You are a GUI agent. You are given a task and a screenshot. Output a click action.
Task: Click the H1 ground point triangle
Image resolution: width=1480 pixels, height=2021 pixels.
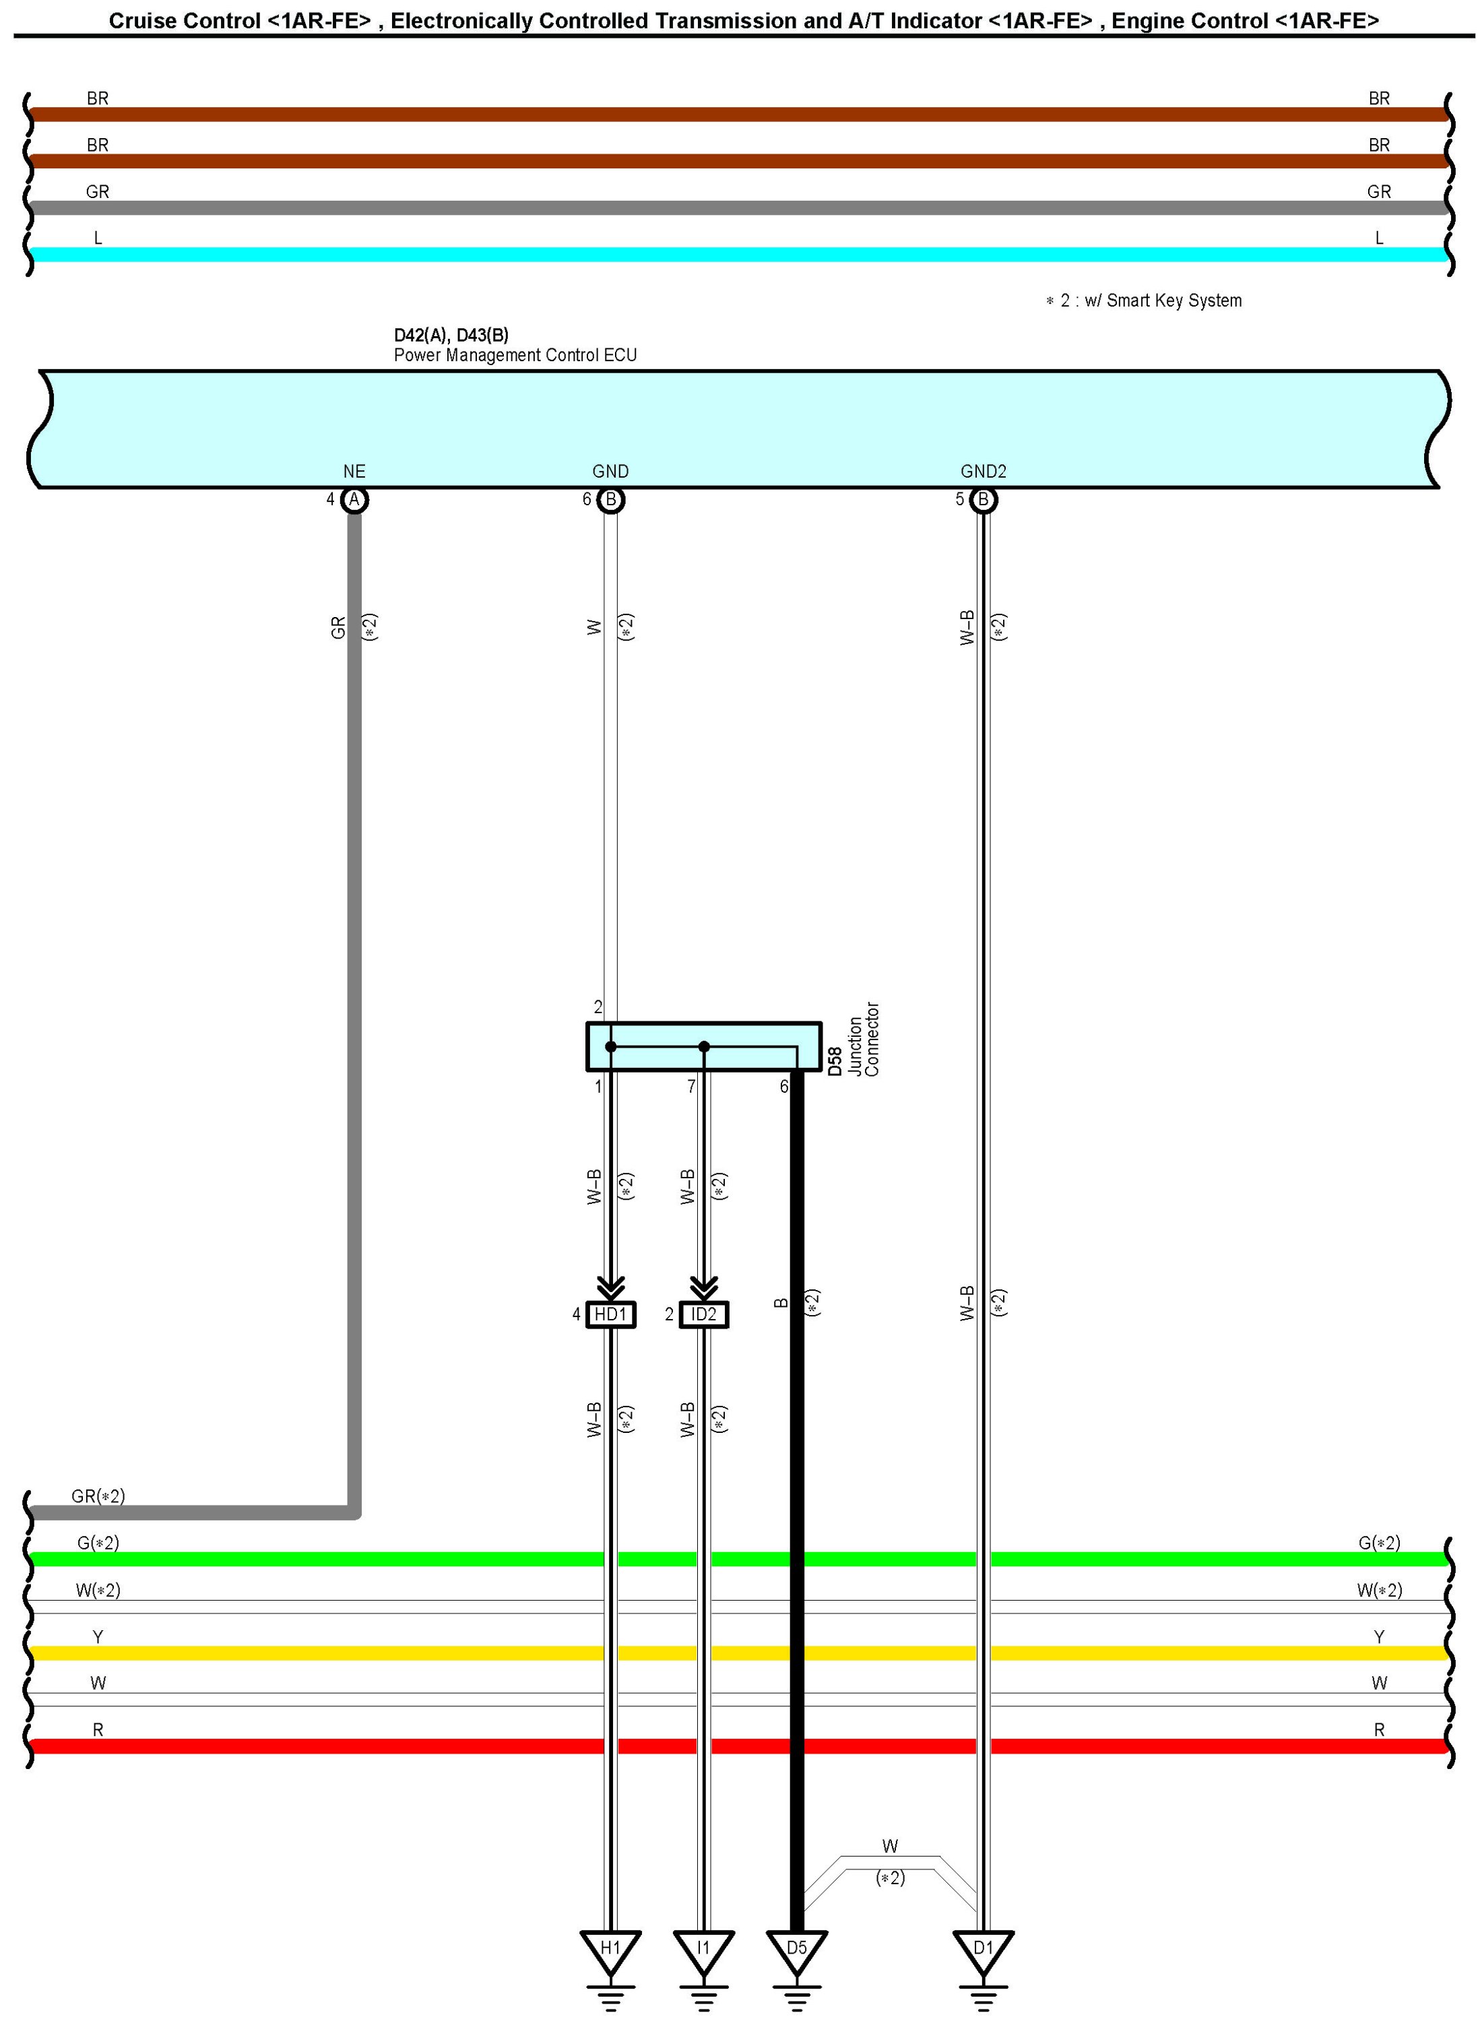coord(610,1950)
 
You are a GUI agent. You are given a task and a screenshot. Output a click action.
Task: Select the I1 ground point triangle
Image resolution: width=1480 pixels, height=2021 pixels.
coord(703,1950)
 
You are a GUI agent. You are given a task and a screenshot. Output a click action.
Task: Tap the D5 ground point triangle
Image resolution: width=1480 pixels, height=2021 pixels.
coord(796,1950)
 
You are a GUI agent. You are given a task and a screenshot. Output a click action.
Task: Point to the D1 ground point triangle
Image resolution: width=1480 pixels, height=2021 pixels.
coord(983,1950)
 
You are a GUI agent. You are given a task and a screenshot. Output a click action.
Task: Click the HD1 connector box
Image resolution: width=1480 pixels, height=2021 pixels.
coord(611,1314)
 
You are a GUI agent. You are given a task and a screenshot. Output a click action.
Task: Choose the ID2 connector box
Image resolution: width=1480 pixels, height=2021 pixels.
coord(704,1314)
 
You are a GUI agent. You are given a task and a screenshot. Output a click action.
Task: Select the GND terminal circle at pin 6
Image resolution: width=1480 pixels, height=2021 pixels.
coord(611,500)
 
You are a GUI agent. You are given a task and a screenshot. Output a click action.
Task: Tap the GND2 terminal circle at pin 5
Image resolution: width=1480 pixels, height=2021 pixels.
coord(984,500)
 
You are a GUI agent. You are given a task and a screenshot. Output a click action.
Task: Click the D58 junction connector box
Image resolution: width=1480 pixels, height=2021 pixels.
coord(703,1046)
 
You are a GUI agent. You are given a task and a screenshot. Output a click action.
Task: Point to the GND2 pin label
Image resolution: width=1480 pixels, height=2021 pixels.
coord(983,471)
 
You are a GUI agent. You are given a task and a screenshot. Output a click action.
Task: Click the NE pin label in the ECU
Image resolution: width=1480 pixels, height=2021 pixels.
coord(354,471)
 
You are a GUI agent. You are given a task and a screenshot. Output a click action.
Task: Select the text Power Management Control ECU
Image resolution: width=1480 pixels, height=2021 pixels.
coord(515,356)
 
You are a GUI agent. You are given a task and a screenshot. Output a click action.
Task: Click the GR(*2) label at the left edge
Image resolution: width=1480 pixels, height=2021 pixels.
coord(98,1496)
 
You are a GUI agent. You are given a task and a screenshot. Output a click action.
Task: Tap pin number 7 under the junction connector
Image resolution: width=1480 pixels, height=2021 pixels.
coord(690,1087)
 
